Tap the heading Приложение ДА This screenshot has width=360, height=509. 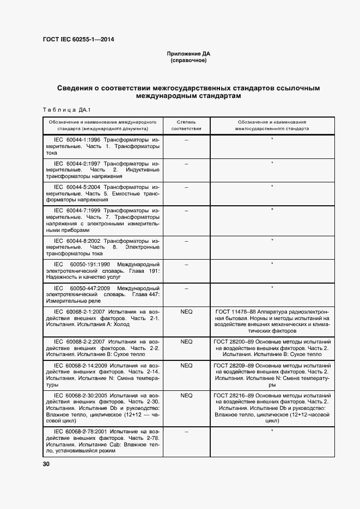point(188,54)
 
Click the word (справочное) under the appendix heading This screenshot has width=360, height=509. point(188,61)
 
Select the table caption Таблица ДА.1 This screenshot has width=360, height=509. point(66,110)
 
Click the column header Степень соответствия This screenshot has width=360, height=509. point(186,126)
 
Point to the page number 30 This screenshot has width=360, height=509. point(46,464)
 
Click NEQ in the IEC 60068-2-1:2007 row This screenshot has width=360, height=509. point(186,311)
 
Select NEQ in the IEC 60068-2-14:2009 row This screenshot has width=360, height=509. point(186,365)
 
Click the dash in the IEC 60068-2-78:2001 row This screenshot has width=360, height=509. point(186,431)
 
